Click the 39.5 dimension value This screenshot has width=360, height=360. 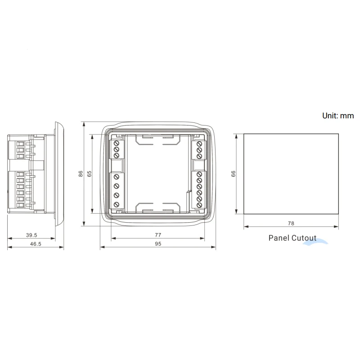click(31, 235)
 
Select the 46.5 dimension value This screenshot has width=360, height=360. click(36, 244)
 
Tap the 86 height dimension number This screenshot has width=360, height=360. click(81, 174)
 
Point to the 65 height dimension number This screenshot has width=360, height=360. click(89, 174)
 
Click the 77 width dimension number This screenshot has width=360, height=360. click(158, 235)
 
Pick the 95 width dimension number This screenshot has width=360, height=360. click(158, 244)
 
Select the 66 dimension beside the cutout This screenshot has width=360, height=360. click(233, 174)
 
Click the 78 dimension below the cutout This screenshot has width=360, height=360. click(291, 223)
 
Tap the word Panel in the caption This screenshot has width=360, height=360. click(278, 238)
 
